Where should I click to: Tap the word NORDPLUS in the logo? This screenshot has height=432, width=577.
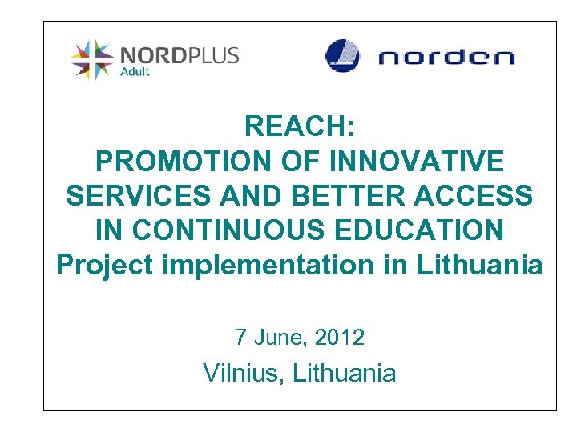pos(179,55)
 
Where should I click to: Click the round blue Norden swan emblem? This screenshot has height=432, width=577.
pos(342,56)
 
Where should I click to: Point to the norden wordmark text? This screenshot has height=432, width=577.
pos(446,58)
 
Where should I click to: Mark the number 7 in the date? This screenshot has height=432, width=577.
pos(240,338)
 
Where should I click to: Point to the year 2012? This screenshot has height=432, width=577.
pos(340,338)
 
